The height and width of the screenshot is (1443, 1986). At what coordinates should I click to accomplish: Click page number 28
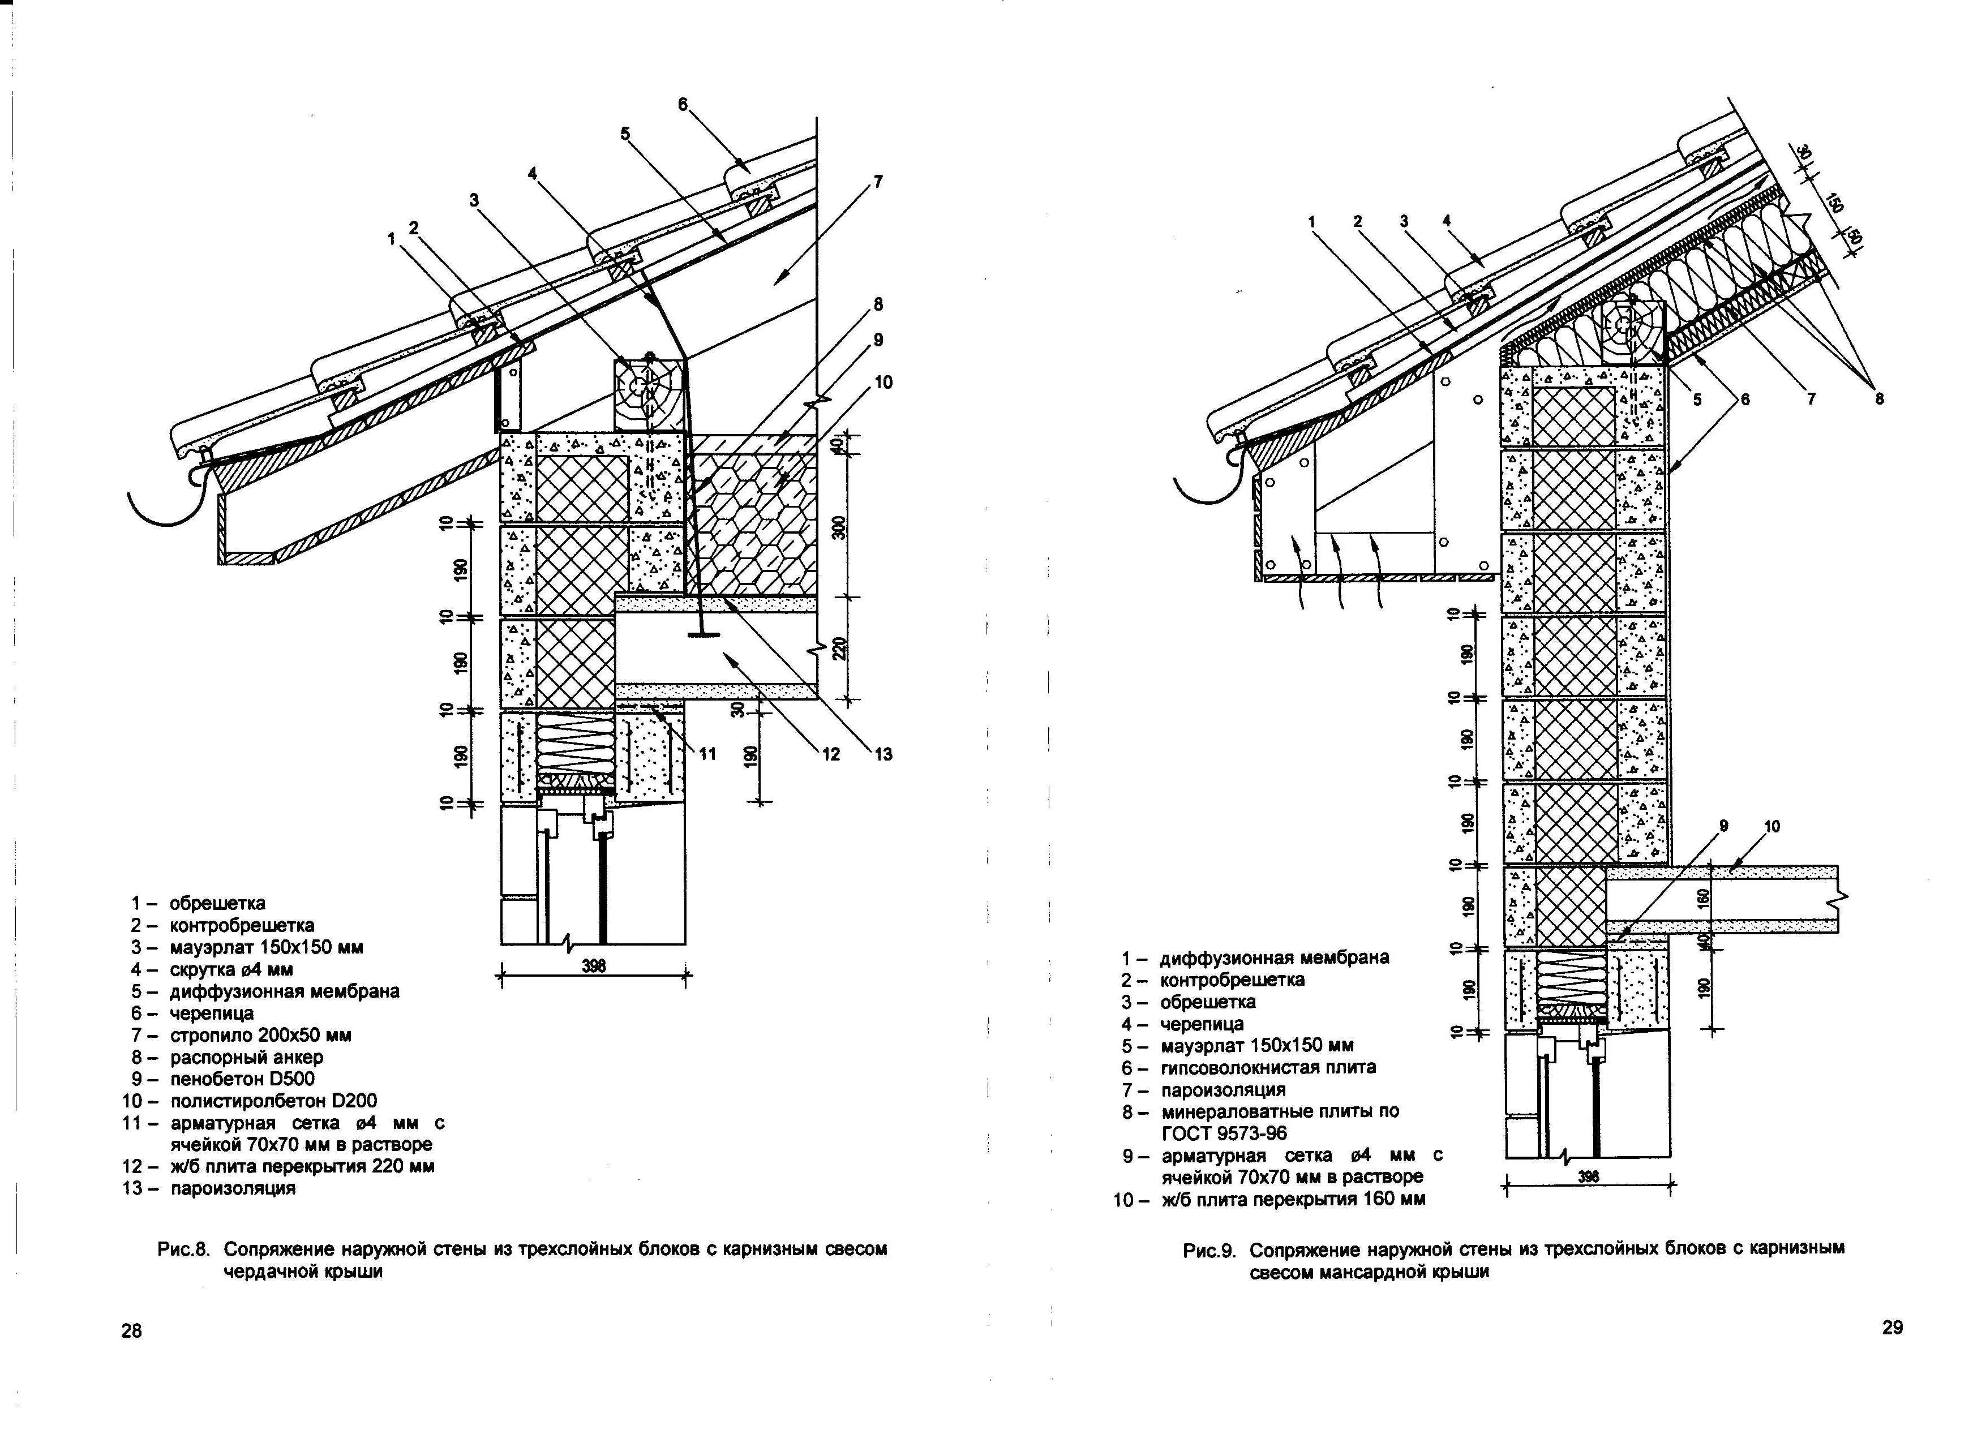(x=131, y=1331)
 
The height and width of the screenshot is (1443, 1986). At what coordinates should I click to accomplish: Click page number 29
(x=1892, y=1328)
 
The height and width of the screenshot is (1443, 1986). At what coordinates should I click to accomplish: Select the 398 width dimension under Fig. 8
(x=594, y=966)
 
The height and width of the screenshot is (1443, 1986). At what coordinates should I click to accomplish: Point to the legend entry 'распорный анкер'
(x=246, y=1057)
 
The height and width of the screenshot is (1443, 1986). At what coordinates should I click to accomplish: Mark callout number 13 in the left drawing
(x=883, y=754)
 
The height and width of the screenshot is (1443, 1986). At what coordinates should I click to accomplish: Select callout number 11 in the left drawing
(x=707, y=754)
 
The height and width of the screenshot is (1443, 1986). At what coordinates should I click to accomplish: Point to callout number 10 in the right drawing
(x=1771, y=826)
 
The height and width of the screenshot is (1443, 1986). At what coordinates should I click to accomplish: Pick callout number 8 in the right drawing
(x=1879, y=400)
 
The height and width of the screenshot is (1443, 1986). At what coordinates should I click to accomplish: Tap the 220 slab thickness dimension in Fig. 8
(x=839, y=649)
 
